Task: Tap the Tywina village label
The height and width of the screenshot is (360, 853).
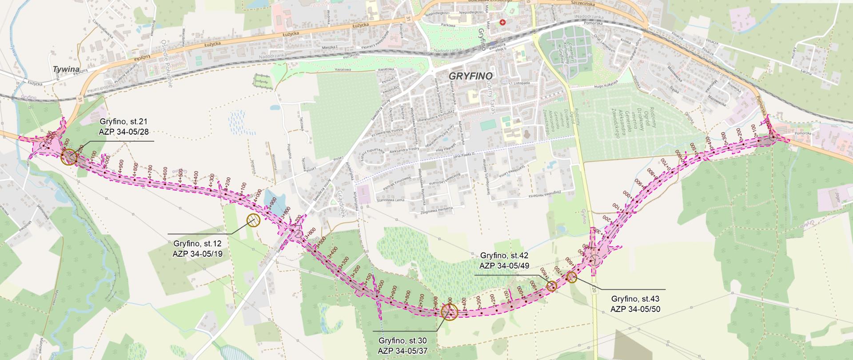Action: point(66,70)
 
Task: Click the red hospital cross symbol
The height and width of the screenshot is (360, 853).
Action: point(502,22)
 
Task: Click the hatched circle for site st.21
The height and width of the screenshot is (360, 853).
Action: point(69,157)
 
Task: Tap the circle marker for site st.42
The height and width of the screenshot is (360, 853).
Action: point(551,286)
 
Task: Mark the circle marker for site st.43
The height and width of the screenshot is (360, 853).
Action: point(572,277)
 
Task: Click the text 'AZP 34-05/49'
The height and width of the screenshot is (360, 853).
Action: point(504,265)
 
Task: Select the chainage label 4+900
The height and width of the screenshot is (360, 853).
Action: point(121,165)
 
